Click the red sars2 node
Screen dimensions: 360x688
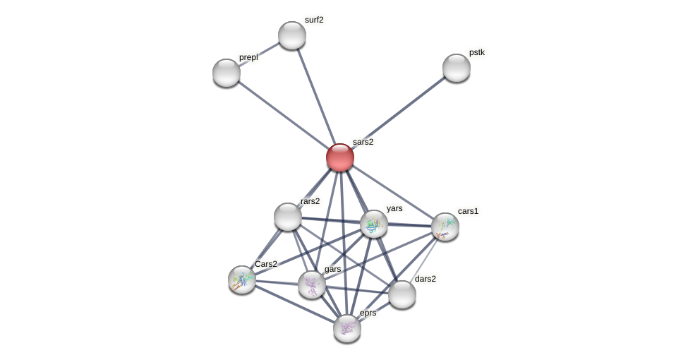click(x=340, y=157)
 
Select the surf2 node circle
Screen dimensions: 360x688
click(x=292, y=35)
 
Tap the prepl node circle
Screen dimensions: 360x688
click(x=227, y=73)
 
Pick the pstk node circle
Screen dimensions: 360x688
click(x=457, y=68)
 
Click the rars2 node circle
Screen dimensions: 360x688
click(x=288, y=217)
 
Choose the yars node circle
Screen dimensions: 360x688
click(x=374, y=224)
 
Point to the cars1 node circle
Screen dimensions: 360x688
click(x=445, y=227)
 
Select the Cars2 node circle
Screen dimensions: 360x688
click(x=242, y=280)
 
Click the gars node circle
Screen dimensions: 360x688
click(x=312, y=284)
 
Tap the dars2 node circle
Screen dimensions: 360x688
click(x=402, y=294)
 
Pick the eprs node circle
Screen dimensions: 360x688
click(x=347, y=328)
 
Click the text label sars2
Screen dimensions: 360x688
click(x=363, y=142)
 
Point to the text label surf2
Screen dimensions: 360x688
click(x=314, y=20)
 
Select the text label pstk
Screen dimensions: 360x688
click(x=477, y=52)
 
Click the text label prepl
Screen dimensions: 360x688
click(x=248, y=57)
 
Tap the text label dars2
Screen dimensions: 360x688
click(x=425, y=279)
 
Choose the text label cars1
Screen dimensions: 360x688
click(x=468, y=211)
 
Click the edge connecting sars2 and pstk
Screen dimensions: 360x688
click(x=399, y=112)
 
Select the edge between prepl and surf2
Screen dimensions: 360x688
click(x=260, y=54)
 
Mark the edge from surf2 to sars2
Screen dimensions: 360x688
click(x=316, y=96)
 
